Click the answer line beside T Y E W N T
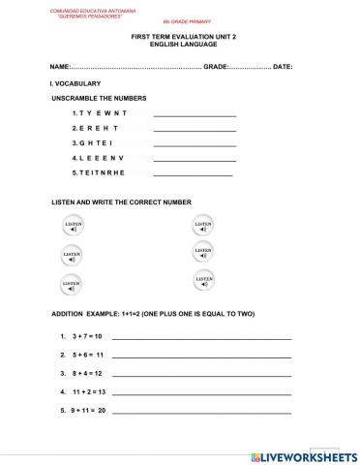pos(195,116)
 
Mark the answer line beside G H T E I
pos(195,145)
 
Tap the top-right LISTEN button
pos(203,227)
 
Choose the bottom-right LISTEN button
pos(204,282)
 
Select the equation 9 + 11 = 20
pos(88,411)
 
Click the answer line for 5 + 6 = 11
pos(201,356)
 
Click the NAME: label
pos(60,67)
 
